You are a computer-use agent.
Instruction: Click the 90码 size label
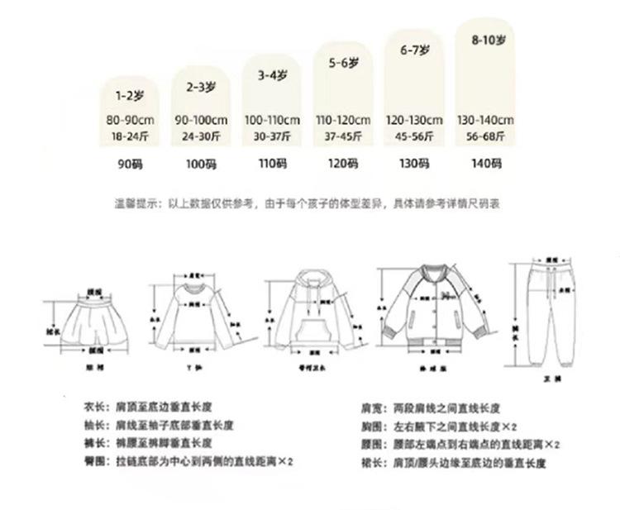tap(131, 164)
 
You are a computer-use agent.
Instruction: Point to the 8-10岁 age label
tap(484, 39)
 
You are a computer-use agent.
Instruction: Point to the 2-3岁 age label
tap(201, 85)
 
